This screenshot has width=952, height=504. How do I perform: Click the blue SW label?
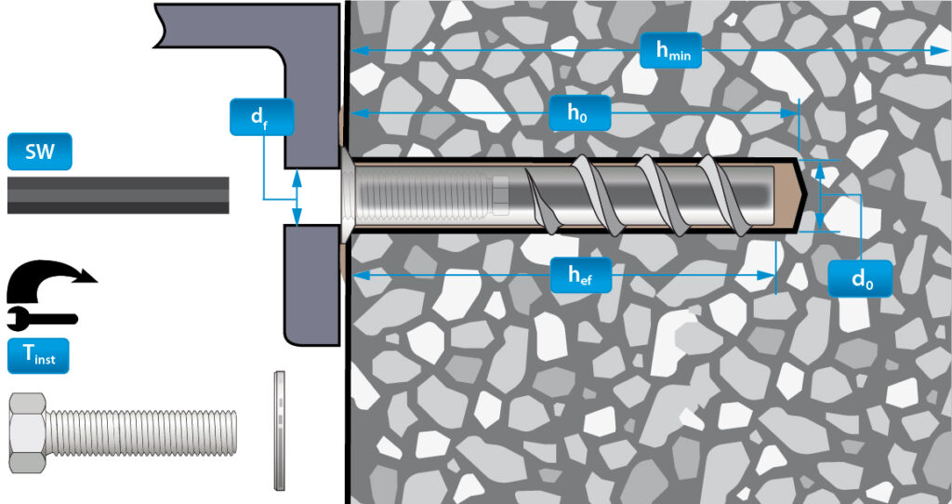tap(39, 152)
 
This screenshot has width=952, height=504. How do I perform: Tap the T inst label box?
tap(38, 356)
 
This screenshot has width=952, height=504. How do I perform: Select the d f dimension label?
tap(261, 116)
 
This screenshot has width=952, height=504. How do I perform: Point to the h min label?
tap(671, 50)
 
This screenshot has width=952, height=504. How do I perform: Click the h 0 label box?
tap(580, 113)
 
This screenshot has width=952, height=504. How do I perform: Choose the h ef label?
tap(580, 275)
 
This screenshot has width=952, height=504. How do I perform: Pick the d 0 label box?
tap(860, 279)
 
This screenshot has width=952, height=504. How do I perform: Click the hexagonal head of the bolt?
tap(28, 432)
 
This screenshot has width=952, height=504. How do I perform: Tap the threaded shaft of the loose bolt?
tap(141, 432)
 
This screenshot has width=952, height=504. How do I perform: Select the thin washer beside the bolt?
tap(279, 430)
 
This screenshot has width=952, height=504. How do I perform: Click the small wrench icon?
tap(42, 317)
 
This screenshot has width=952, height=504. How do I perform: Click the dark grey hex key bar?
tap(118, 195)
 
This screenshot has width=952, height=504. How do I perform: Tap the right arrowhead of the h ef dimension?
tap(766, 275)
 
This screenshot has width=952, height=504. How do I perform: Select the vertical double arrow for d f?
tap(297, 197)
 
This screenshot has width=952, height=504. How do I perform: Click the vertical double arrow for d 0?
tap(820, 195)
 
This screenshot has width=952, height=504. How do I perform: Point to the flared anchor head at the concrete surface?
tap(344, 195)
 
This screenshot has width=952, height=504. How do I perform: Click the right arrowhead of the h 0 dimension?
tap(789, 113)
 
